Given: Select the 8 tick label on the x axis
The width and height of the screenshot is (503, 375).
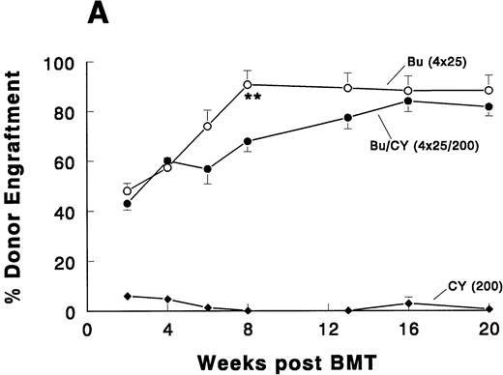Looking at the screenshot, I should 248,329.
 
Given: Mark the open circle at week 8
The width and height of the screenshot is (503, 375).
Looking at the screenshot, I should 248,85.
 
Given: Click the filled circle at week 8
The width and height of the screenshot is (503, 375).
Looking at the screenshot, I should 248,141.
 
